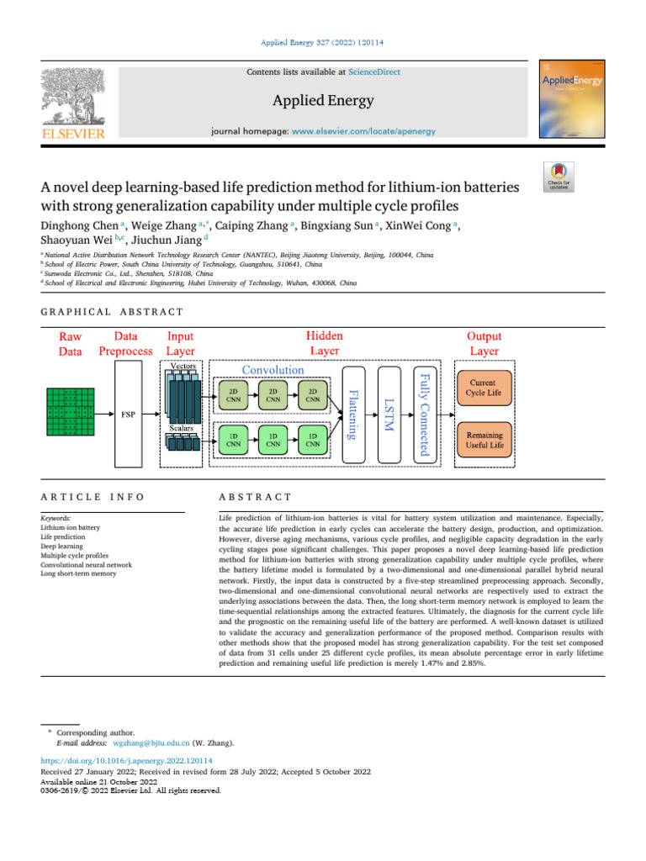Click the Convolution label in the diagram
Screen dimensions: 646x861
273,369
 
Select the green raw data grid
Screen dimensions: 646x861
70,412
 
